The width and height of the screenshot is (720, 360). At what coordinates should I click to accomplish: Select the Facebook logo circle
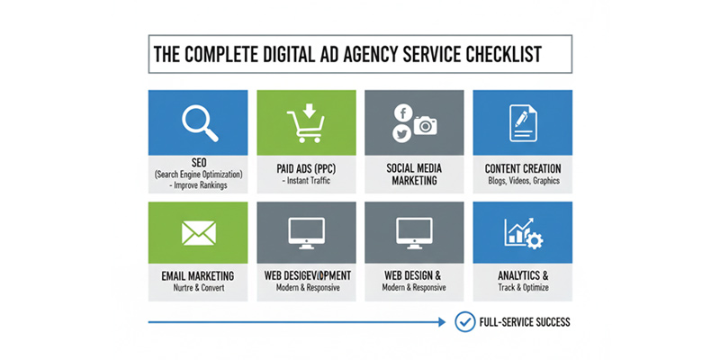(401, 112)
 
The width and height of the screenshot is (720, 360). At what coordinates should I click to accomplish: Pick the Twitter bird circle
(401, 134)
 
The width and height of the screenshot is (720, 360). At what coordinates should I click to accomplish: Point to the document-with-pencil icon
(522, 123)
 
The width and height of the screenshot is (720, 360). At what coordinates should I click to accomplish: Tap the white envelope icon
(198, 233)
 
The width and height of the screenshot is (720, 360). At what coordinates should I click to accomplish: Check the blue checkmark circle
(465, 321)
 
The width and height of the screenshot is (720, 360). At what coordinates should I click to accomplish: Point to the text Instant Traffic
(308, 182)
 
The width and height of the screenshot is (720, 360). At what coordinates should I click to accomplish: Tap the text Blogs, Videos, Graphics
(523, 181)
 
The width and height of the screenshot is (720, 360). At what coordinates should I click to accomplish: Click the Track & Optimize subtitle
(523, 288)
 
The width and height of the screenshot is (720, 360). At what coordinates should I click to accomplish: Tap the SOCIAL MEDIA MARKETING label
(414, 174)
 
